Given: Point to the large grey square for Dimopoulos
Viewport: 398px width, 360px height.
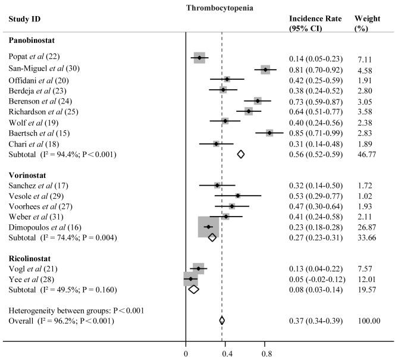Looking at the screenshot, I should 208,227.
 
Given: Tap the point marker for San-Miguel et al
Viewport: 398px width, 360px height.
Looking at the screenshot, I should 265,70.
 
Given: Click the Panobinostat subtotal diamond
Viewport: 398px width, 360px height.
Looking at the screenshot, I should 240,154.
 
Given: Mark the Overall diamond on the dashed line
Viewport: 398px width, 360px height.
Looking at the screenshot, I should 222,321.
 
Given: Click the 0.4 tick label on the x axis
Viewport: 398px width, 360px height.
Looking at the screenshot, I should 227,352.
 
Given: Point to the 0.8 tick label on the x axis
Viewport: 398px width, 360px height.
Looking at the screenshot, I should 267,352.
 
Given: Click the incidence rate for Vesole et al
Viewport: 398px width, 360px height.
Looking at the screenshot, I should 315,195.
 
